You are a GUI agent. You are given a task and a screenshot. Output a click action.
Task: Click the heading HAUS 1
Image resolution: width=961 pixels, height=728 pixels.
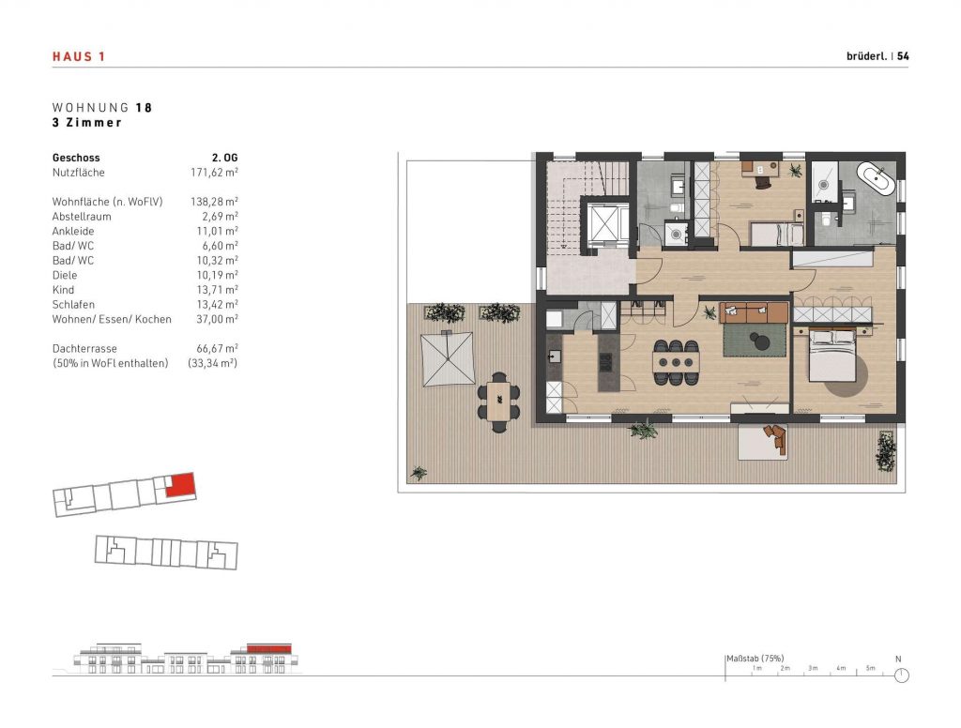pos(79,56)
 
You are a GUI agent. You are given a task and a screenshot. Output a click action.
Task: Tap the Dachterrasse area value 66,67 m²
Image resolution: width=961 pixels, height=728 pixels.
pos(214,348)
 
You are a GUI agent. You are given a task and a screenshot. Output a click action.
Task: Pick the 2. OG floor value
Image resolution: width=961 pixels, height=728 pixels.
pos(224,158)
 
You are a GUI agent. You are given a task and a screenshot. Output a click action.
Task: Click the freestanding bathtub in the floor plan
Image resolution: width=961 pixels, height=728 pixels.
pos(878,177)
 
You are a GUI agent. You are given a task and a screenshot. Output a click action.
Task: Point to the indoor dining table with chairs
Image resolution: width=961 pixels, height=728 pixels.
pos(677,361)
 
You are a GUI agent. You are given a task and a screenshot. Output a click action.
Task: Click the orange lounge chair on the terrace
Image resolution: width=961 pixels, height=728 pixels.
pos(774,437)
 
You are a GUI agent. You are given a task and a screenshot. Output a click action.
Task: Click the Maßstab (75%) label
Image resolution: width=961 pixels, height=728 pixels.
pos(755,658)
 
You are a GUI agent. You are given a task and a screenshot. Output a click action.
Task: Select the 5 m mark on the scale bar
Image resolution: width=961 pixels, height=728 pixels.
pos(870,668)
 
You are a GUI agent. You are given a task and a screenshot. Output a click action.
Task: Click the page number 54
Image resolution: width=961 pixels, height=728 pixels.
pos(903,56)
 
